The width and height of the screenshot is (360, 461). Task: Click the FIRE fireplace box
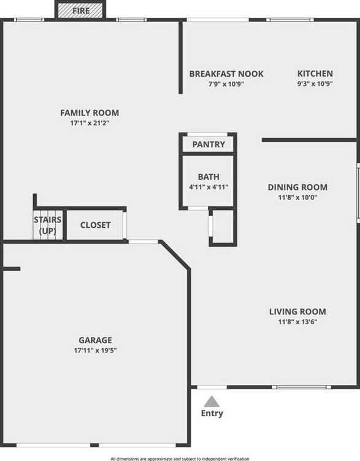click(x=81, y=10)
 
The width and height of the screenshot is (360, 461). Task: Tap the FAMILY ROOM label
click(x=90, y=113)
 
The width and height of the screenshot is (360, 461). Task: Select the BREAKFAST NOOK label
click(x=226, y=74)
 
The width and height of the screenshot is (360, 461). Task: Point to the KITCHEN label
click(x=315, y=74)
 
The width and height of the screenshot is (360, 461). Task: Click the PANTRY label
click(x=209, y=145)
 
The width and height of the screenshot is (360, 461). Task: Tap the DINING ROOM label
click(x=297, y=187)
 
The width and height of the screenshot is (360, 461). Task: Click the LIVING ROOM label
click(x=297, y=311)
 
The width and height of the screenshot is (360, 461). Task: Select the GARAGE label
click(x=95, y=340)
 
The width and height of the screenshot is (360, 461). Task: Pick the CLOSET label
click(x=96, y=225)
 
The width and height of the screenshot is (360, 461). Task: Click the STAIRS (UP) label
click(x=47, y=225)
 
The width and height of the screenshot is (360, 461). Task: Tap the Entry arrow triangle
click(x=212, y=401)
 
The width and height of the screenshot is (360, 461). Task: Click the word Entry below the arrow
click(x=212, y=414)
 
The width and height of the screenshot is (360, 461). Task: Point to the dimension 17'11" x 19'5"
click(x=95, y=351)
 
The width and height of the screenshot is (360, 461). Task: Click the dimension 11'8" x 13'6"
click(x=297, y=322)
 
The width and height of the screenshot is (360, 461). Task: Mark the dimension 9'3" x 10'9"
click(x=315, y=84)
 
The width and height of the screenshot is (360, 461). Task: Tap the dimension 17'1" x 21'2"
click(x=90, y=123)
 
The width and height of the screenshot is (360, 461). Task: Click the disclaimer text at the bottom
click(x=180, y=458)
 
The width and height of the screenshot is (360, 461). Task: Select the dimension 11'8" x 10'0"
click(x=297, y=198)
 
